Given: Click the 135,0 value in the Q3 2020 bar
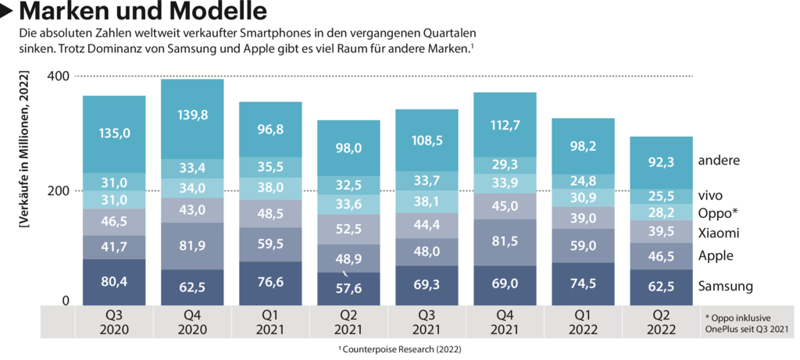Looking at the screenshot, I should (x=114, y=133).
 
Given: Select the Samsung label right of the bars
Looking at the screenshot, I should (x=726, y=287).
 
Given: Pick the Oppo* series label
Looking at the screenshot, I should (x=718, y=213).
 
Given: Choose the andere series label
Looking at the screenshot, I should (x=719, y=161).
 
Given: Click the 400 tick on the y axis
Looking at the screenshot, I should (x=59, y=77).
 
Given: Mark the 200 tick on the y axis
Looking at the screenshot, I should (x=59, y=191).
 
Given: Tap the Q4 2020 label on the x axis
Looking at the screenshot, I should (x=192, y=323).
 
